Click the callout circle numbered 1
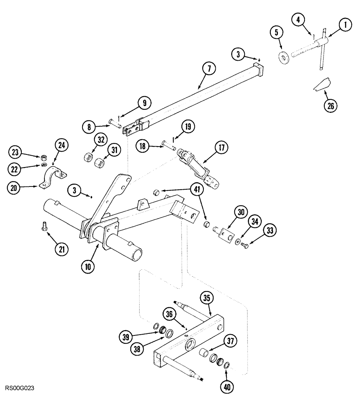coord(345,25)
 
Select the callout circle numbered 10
coord(88,267)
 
